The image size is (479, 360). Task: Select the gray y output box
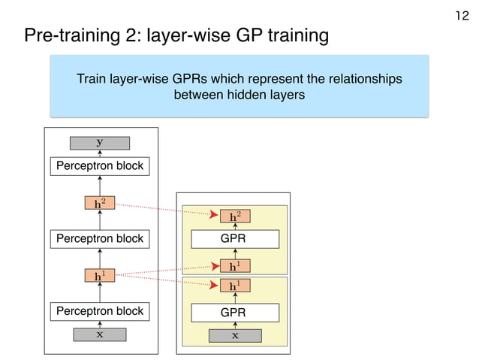point(100,143)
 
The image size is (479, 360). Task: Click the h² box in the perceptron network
point(100,203)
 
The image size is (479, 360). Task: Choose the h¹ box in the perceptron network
point(100,276)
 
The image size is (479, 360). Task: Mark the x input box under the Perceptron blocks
point(100,335)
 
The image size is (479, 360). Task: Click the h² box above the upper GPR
point(235,216)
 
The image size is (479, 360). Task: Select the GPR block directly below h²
point(235,240)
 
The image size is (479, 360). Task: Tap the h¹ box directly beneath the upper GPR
point(235,265)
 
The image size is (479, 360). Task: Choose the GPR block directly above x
point(235,312)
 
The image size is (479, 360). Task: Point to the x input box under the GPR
point(235,335)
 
